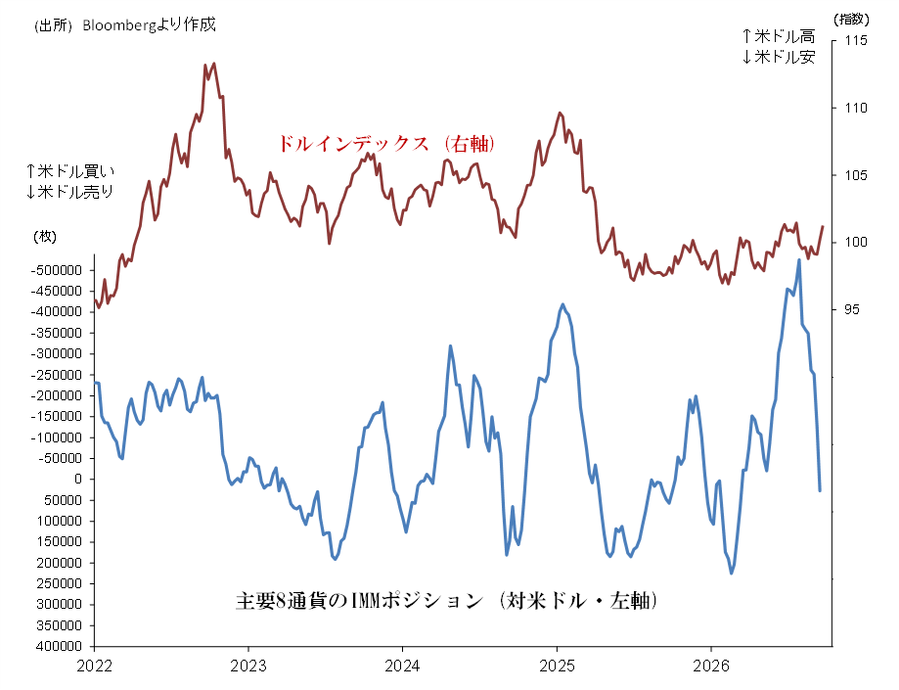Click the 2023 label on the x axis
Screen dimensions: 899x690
pos(248,666)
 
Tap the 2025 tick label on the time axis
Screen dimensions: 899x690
pos(557,666)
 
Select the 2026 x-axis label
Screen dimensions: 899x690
pos(711,666)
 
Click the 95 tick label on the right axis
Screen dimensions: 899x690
pos(852,309)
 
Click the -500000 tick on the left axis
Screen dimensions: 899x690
pos(56,270)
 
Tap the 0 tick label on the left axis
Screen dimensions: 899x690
pos(78,479)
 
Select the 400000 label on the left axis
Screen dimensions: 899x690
pos(59,646)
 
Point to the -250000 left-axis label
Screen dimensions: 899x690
pos(56,375)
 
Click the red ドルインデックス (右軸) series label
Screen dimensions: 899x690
pos(385,144)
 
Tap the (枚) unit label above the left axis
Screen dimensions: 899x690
pos(45,236)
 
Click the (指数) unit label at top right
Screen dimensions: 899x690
pos(851,19)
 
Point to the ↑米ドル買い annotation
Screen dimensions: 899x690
pos(70,171)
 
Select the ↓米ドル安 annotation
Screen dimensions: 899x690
pos(778,57)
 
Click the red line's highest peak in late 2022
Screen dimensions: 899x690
pos(214,63)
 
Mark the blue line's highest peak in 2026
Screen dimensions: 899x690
pos(799,260)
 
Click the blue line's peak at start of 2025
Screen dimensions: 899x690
pos(563,304)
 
